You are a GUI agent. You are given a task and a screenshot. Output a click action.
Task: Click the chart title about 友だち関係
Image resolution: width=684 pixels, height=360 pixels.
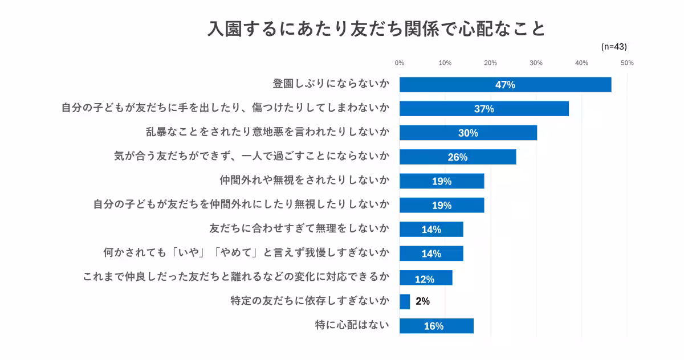[x=376, y=28]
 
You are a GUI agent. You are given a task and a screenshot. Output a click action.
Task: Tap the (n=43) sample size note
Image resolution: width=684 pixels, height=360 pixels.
[x=613, y=47]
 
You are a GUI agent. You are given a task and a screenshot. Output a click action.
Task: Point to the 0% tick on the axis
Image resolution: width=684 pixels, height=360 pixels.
[x=400, y=63]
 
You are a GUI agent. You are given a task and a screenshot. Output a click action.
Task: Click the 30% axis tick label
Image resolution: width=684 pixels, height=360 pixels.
[x=536, y=63]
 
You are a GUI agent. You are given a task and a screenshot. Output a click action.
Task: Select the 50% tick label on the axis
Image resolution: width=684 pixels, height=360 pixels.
[x=627, y=63]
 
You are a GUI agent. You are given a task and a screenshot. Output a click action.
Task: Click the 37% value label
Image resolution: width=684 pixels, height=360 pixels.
[x=484, y=109]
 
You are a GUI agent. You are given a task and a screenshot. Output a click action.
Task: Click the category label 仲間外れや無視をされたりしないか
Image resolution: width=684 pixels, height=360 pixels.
[x=304, y=181]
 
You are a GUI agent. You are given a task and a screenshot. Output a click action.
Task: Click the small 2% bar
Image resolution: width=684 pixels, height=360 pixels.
[x=405, y=301]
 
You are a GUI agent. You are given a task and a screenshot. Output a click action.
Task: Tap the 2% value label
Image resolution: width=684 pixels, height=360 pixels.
[x=422, y=301]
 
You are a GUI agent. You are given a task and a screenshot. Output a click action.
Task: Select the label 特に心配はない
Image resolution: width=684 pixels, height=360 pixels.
[x=352, y=325]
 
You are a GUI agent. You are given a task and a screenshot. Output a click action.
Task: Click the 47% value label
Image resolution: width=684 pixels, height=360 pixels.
[x=505, y=85]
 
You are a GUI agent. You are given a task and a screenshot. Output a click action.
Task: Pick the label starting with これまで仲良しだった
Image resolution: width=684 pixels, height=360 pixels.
[x=236, y=277]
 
